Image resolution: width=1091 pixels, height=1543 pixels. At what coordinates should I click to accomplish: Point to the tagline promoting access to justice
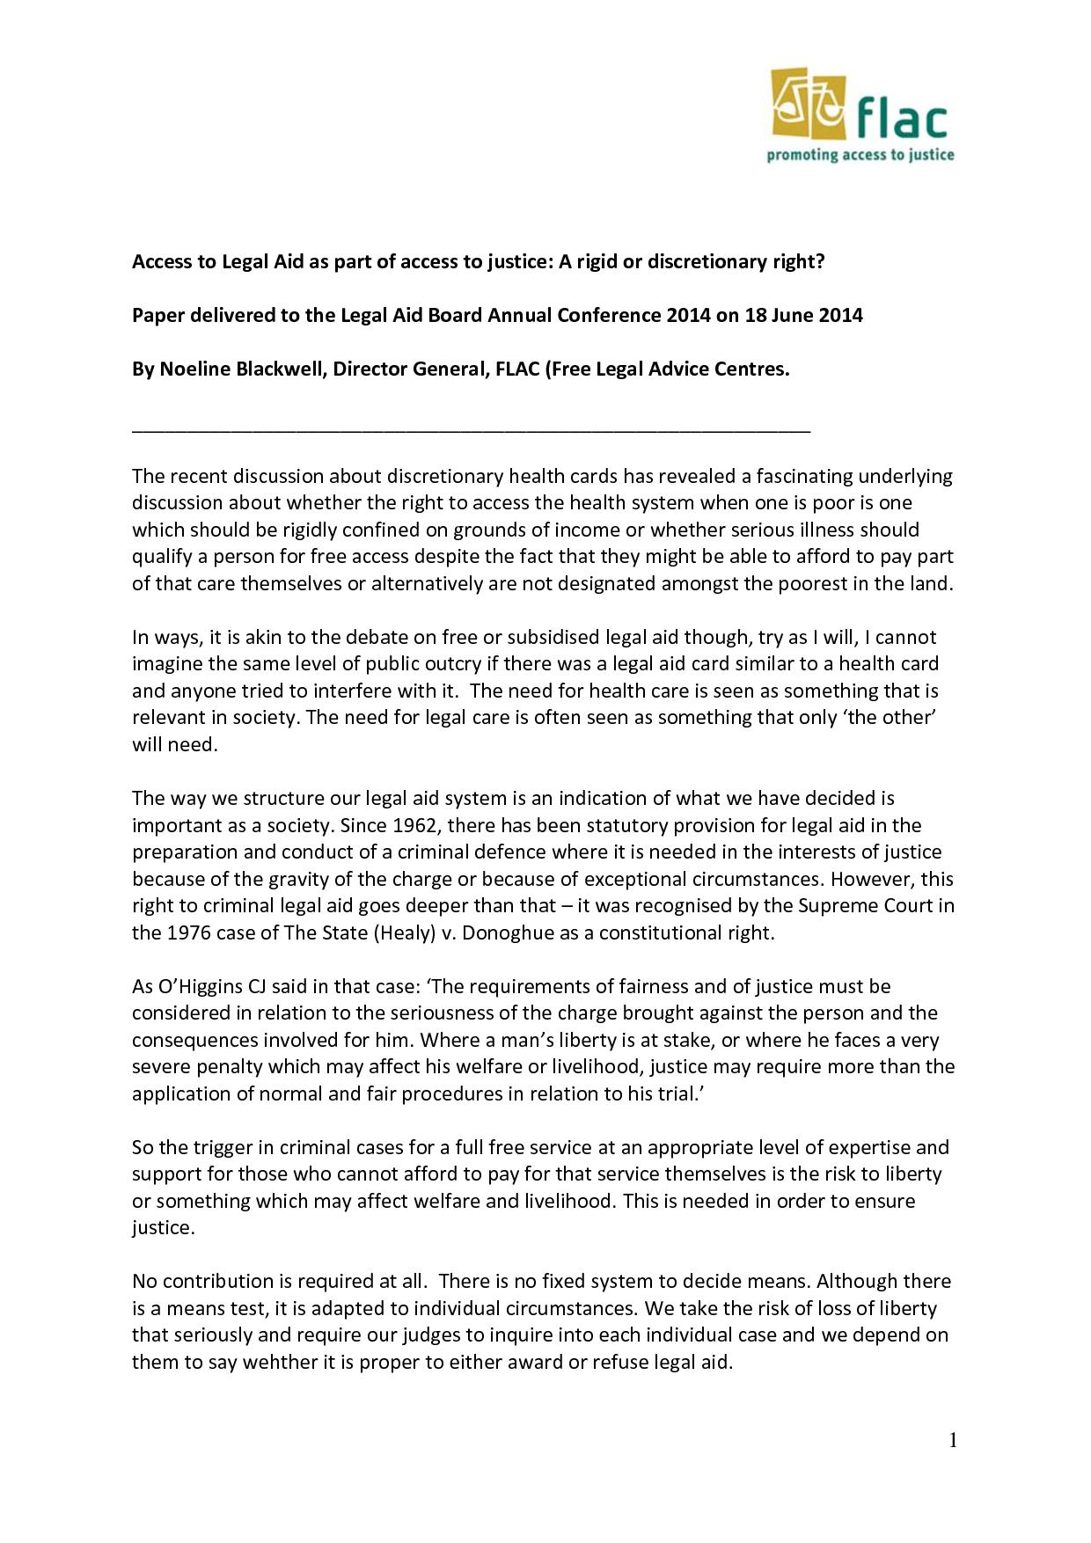[860, 157]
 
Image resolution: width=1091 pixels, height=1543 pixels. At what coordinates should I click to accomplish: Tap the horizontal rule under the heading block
[471, 429]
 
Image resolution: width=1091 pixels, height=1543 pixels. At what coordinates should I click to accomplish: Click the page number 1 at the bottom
[952, 1441]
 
